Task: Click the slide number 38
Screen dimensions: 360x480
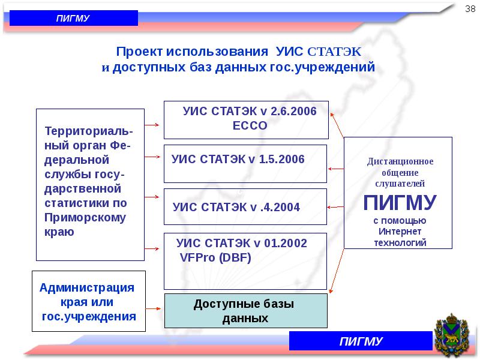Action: click(470, 8)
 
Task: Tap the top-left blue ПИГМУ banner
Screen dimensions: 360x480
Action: click(74, 18)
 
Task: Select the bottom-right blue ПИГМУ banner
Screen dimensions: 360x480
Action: click(361, 341)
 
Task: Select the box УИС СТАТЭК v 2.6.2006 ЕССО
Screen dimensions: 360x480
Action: click(246, 119)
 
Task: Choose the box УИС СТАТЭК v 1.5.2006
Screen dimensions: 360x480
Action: click(246, 163)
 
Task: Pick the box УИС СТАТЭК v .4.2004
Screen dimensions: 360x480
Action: click(246, 207)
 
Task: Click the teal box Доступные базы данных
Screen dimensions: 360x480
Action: click(246, 311)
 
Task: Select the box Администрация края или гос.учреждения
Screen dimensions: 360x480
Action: click(88, 302)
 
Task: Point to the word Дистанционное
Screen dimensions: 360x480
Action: click(400, 161)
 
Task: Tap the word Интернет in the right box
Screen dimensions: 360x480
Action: click(400, 232)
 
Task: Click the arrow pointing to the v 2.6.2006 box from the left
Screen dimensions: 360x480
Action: click(152, 125)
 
